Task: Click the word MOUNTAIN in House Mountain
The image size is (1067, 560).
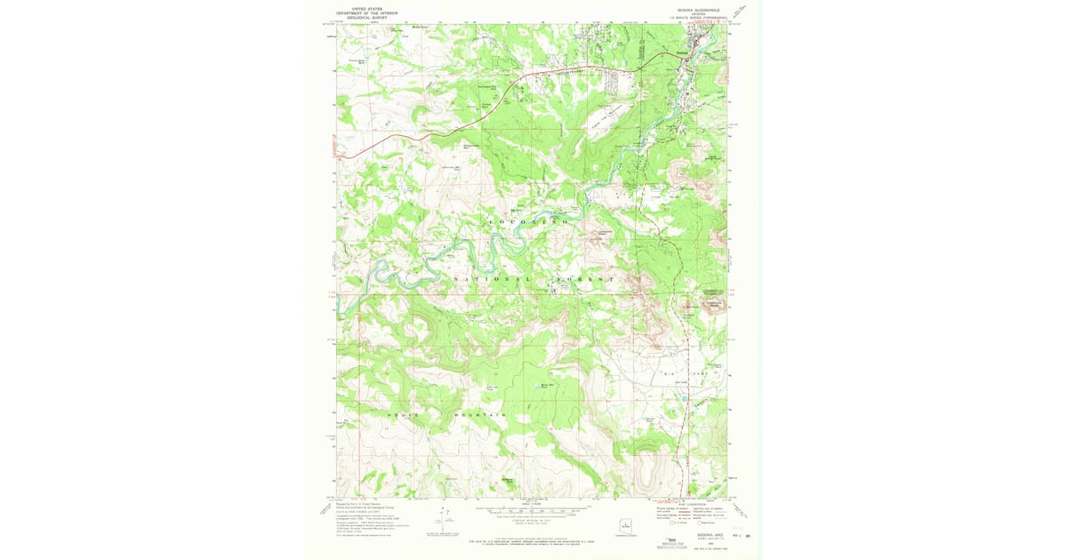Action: pyautogui.click(x=481, y=415)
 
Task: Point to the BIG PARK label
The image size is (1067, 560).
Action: pyautogui.click(x=686, y=375)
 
